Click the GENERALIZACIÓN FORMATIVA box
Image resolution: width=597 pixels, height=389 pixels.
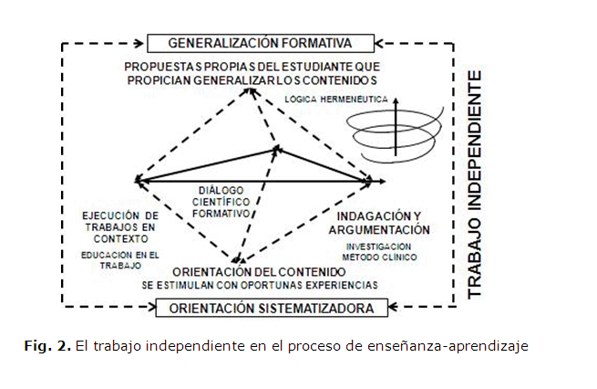[260, 43]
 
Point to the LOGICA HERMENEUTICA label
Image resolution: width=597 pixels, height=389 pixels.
[331, 98]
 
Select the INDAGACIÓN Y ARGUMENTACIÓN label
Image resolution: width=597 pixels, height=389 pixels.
[376, 223]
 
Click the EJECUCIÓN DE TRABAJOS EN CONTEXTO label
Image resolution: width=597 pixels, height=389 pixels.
[107, 227]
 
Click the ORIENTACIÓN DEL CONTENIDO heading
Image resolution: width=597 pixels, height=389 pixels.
[260, 271]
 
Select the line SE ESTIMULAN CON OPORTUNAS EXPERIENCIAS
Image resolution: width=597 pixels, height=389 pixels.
[260, 285]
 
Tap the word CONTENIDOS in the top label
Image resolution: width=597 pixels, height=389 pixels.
[342, 80]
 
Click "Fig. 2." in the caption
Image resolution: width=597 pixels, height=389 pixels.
[44, 346]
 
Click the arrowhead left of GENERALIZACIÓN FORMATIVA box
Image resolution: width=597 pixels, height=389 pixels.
[139, 43]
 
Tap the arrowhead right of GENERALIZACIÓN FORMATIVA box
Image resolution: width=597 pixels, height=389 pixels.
[383, 43]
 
